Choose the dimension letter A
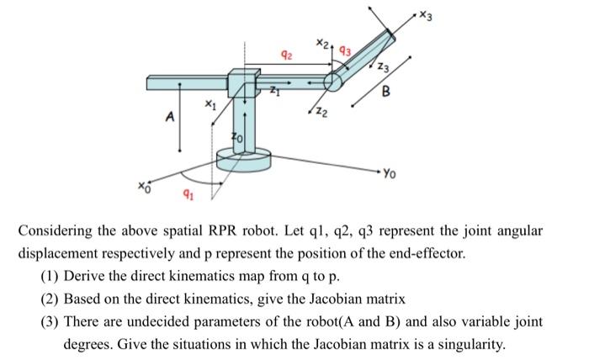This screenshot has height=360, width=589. [x=168, y=119]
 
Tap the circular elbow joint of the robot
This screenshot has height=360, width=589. [x=333, y=81]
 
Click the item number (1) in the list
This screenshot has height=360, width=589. [x=50, y=275]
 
